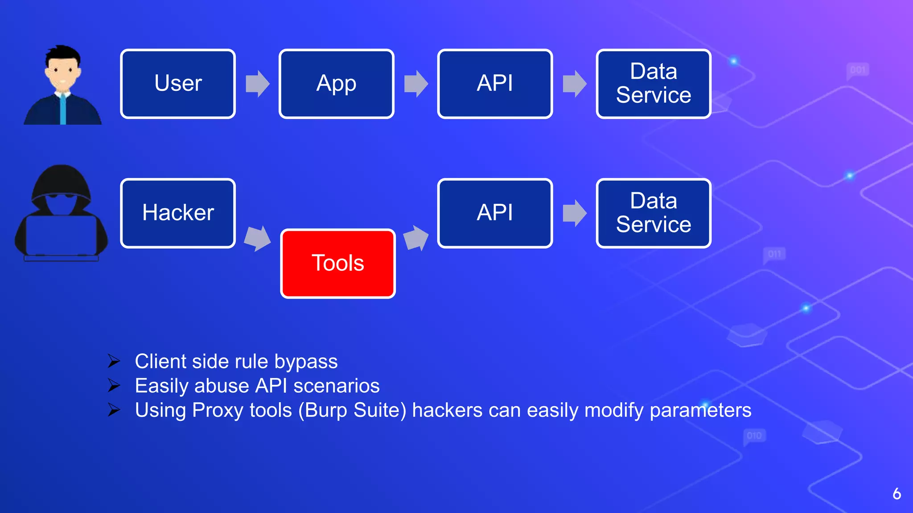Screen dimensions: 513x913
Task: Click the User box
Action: [x=178, y=84]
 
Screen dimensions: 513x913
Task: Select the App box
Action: [x=336, y=84]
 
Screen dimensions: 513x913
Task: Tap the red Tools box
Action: [x=337, y=263]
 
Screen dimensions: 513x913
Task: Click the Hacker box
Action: [x=178, y=213]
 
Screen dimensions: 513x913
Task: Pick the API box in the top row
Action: [x=495, y=84]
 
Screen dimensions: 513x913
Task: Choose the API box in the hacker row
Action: [x=495, y=213]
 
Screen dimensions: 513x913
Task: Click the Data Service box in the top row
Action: [x=653, y=84]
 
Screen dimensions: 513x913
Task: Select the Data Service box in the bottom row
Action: [x=653, y=213]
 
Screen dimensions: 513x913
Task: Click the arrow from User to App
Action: [x=258, y=84]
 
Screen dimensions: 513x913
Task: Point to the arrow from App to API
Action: [x=416, y=84]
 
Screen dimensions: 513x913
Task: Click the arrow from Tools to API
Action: [x=416, y=238]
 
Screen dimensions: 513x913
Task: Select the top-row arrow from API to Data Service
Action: [x=575, y=84]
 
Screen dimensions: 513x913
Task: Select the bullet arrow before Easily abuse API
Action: [x=114, y=386]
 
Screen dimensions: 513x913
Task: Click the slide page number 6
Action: [x=897, y=494]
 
